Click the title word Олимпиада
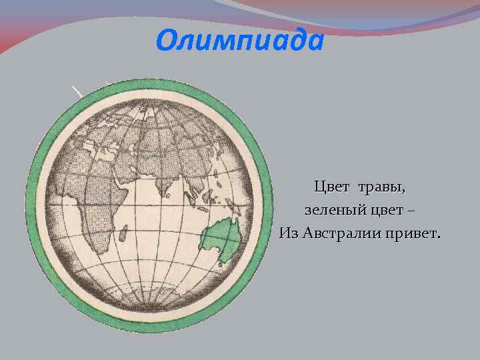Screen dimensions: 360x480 (x=240, y=41)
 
